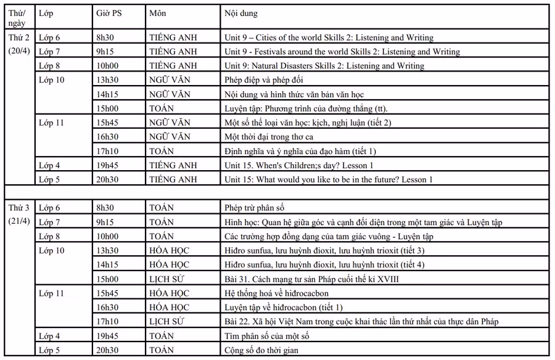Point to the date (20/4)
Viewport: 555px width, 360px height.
[x=18, y=51]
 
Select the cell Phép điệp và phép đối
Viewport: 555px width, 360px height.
[x=263, y=80]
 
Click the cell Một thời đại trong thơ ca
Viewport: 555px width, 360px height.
[x=269, y=136]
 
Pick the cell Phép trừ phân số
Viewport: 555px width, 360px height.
[x=254, y=208]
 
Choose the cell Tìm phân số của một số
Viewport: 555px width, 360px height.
[x=266, y=336]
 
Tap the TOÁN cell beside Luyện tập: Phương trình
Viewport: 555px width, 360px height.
[x=162, y=108]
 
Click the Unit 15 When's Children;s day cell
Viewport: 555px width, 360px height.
[x=299, y=165]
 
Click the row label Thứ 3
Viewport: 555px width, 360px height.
[x=18, y=208]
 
